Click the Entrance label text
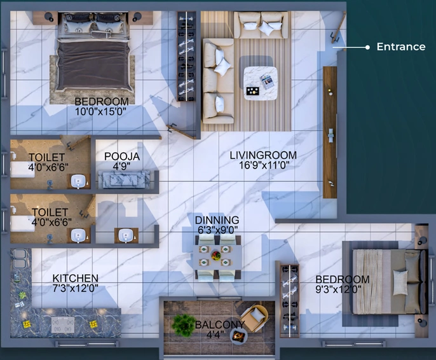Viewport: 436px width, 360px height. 400,46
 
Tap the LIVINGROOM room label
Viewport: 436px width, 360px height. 263,155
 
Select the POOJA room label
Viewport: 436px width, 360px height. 122,156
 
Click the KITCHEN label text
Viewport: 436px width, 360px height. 76,278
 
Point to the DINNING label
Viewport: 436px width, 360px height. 217,220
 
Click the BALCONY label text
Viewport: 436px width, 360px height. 220,324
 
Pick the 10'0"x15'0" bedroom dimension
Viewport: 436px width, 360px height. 100,111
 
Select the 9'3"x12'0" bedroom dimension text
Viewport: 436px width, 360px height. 338,289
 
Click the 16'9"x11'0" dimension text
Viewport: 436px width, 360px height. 264,165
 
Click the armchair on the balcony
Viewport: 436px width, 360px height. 255,317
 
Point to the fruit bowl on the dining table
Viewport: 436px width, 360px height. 216,255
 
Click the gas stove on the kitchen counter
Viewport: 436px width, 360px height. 63,324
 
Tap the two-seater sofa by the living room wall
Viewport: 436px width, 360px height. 261,25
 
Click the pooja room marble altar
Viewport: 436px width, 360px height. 124,179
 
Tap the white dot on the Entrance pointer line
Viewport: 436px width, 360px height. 367,47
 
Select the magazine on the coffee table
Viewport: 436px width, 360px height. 266,81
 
